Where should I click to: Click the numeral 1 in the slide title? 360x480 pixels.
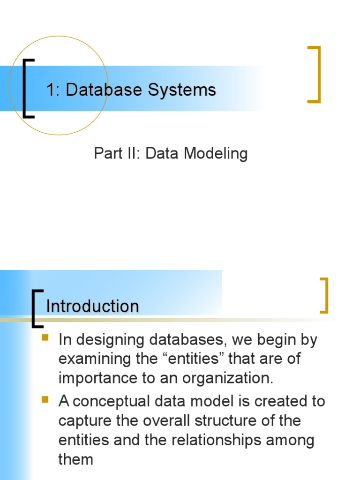pos(51,90)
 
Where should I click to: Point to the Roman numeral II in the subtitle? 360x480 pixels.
pos(134,153)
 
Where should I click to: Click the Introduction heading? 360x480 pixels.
pos(92,307)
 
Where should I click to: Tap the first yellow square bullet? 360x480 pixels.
pos(45,337)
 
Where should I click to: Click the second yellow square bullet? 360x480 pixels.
pos(45,399)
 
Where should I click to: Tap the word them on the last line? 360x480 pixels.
pos(76,459)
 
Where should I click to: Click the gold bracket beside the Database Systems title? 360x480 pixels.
pos(315,74)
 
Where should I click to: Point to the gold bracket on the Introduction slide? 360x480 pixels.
pos(323,295)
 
